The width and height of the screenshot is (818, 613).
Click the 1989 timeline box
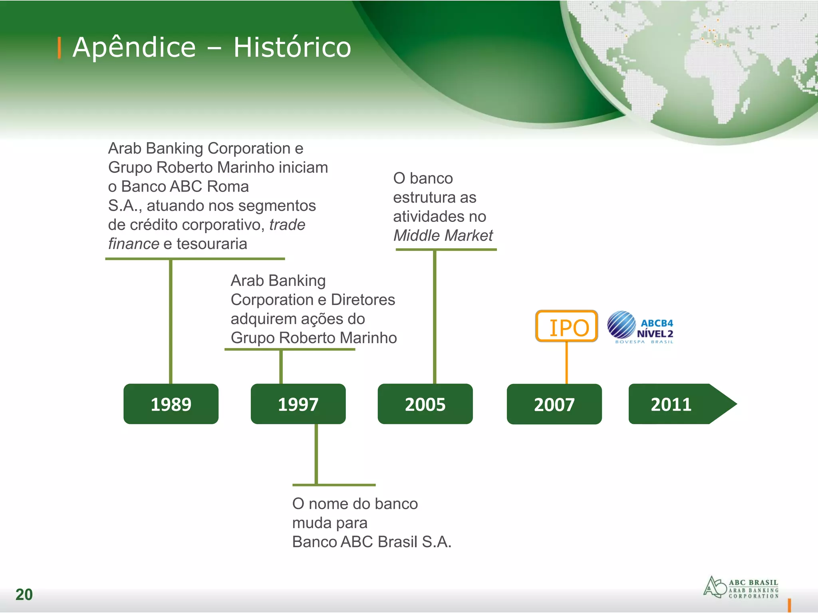click(171, 404)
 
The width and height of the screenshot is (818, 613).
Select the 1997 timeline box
click(298, 404)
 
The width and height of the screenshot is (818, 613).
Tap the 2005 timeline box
click(425, 404)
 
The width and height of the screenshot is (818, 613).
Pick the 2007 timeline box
click(554, 404)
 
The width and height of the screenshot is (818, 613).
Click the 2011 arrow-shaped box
click(675, 404)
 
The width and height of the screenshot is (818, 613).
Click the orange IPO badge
click(567, 326)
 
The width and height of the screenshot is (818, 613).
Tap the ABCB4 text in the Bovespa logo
click(657, 323)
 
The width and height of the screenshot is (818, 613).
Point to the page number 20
click(24, 594)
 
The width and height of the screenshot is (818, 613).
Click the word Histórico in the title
click(292, 47)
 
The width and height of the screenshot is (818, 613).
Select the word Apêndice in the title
click(134, 47)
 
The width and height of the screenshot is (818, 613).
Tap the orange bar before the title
click(60, 47)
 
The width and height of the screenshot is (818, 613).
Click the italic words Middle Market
click(443, 235)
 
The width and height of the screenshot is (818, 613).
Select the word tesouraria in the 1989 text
click(212, 244)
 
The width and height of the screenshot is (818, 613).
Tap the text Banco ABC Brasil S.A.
click(371, 542)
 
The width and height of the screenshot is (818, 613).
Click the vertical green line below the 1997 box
click(316, 454)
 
